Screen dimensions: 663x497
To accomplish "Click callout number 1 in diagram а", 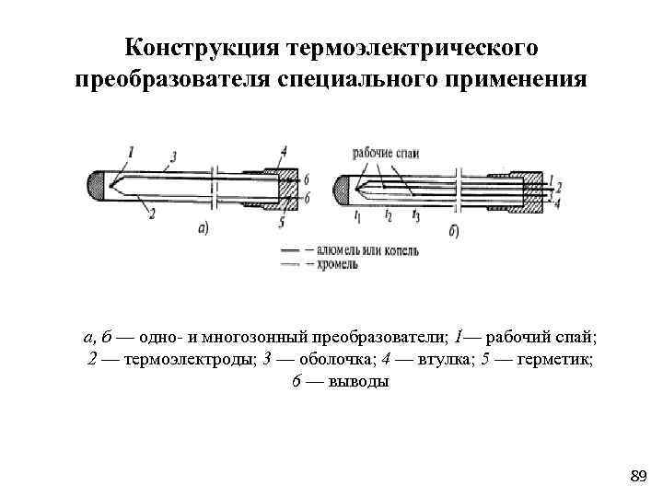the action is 131,151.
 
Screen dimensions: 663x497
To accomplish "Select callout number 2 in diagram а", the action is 151,213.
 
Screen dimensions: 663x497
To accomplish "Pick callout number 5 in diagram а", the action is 281,222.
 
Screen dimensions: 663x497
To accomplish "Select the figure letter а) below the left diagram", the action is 204,227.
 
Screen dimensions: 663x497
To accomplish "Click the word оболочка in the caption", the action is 330,358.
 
